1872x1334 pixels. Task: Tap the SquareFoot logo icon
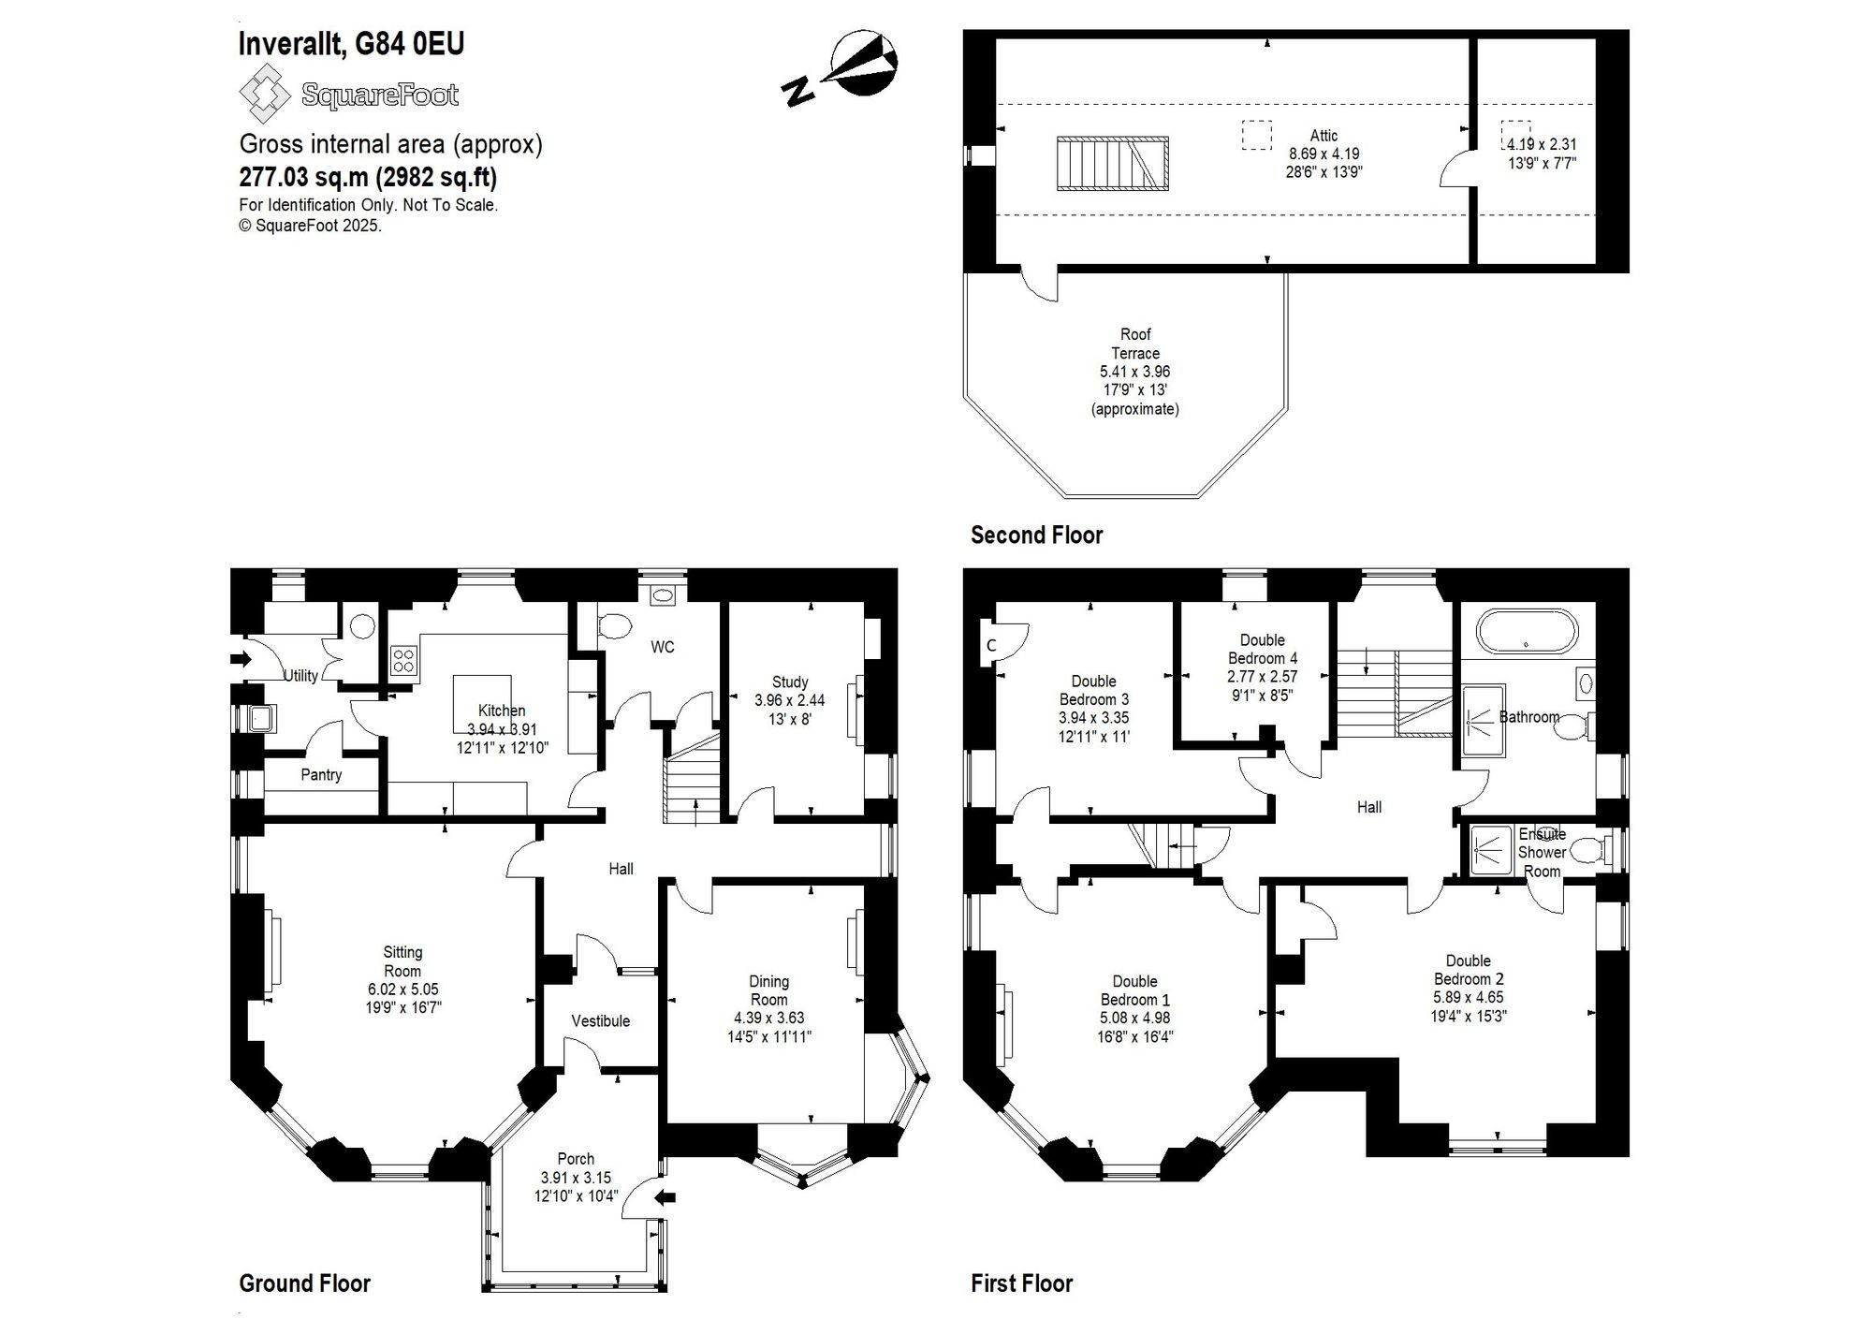pos(266,93)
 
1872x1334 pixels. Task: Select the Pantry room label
pos(321,775)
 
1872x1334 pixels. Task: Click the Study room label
pos(790,682)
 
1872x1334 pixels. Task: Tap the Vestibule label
pos(601,1021)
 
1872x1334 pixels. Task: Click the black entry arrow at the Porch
pos(665,1196)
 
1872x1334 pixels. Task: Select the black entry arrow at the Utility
pos(241,659)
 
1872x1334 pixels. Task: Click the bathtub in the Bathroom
pos(1527,631)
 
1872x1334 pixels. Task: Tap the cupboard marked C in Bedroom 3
pos(990,646)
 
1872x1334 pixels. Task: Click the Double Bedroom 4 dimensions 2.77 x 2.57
pos(1263,676)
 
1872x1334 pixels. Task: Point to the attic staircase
pos(1113,164)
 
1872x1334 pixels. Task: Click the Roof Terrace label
pos(1135,344)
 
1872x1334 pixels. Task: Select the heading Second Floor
pos(1036,535)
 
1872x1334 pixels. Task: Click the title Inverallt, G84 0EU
pos(351,44)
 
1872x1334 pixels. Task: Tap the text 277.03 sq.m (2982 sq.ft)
pos(368,177)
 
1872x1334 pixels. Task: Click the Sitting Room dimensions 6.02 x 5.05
pos(403,990)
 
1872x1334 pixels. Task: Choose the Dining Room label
pos(769,990)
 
